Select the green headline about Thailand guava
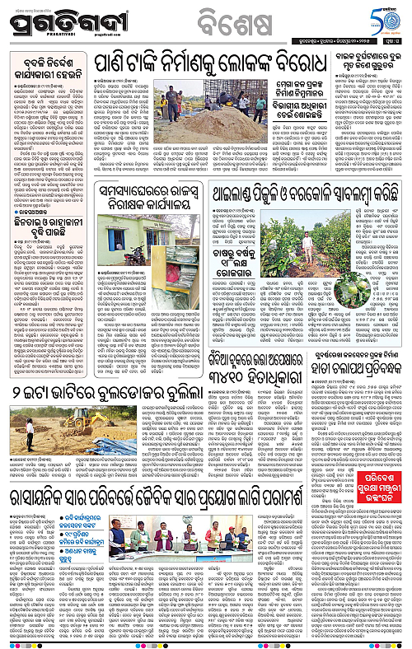coord(310,213)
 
